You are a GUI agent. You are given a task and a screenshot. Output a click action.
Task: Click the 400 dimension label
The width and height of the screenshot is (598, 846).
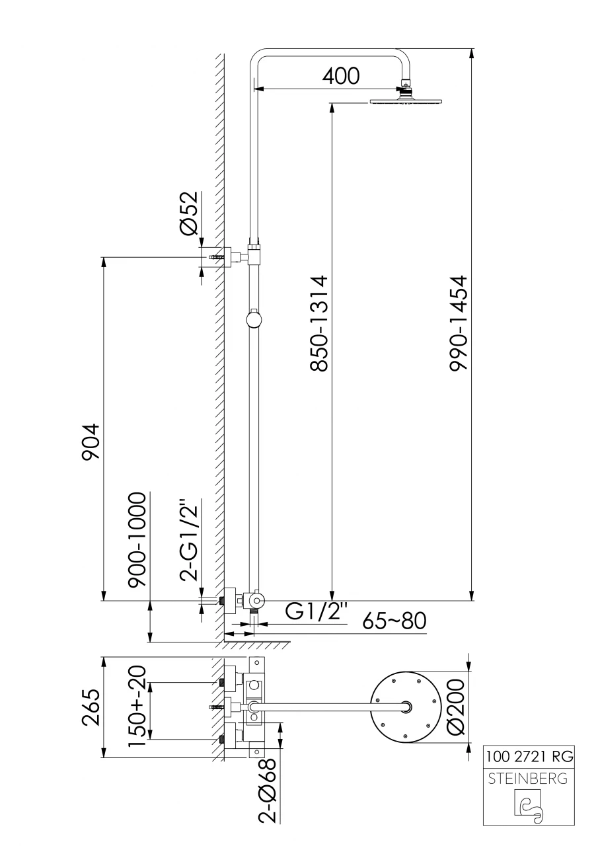click(340, 75)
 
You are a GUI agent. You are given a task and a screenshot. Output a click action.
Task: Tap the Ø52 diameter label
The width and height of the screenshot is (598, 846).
click(189, 213)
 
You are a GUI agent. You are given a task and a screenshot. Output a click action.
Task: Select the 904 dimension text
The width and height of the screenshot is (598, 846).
click(91, 442)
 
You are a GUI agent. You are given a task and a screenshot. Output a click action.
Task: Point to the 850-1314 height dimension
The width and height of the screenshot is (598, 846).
click(318, 324)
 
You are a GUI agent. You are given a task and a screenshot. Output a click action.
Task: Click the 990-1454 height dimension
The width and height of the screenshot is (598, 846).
click(459, 324)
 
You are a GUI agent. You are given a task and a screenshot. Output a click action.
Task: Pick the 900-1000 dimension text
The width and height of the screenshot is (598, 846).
click(137, 539)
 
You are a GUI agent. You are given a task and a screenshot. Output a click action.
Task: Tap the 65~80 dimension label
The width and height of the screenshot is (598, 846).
click(394, 621)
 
